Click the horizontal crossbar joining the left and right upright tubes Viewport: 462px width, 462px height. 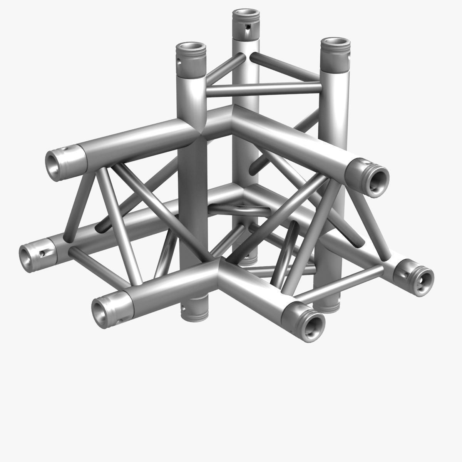263,89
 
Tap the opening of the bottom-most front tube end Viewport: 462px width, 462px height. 313,324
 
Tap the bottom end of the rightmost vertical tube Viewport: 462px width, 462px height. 327,304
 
